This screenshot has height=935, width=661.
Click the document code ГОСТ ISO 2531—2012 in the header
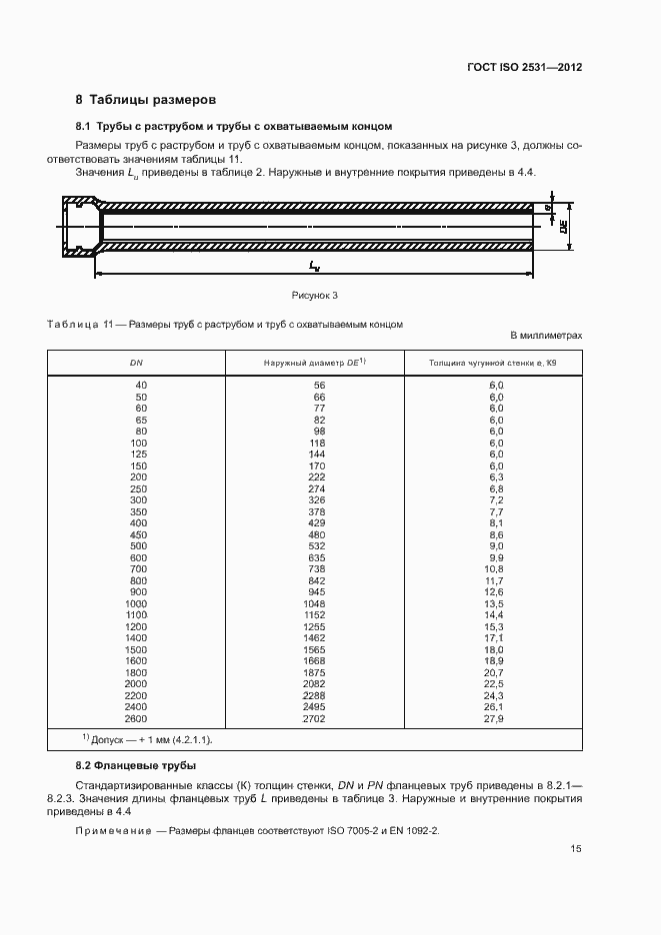(524, 68)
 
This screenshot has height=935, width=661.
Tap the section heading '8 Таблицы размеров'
(145, 100)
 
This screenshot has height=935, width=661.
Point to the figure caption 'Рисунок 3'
(315, 295)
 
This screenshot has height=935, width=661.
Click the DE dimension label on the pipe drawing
(564, 227)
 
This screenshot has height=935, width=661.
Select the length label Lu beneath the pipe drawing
(314, 267)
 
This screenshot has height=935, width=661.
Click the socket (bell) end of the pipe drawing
(77, 228)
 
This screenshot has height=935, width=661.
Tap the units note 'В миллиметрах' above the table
(546, 337)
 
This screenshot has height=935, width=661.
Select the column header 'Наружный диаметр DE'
(315, 364)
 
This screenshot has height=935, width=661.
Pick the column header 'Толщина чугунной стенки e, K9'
(493, 364)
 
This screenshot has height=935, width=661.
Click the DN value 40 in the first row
(140, 385)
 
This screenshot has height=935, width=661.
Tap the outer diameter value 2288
(315, 695)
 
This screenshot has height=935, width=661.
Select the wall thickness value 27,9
(493, 718)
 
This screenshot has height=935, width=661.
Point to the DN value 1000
(136, 603)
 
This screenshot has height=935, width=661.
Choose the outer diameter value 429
(318, 522)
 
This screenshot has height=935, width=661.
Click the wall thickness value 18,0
(493, 649)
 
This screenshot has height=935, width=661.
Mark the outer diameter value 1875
(315, 672)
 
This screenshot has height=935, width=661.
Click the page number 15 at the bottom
(576, 849)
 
